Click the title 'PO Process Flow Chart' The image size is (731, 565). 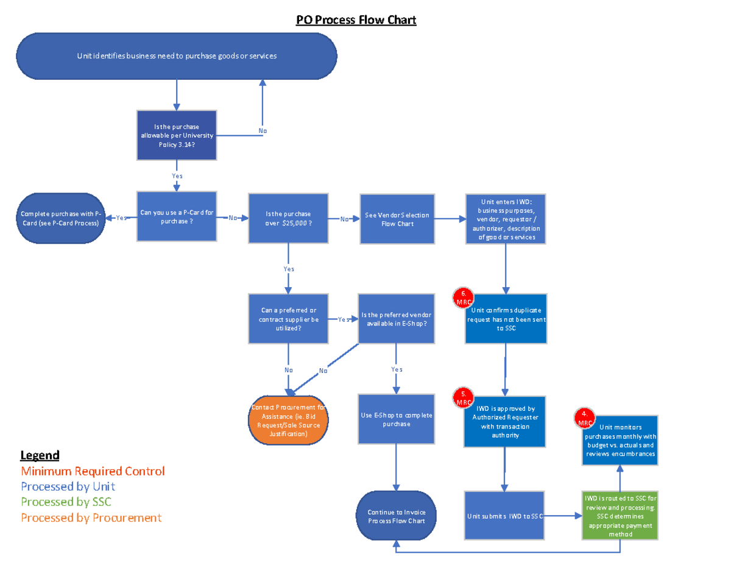356,20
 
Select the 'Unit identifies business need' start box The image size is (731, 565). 177,56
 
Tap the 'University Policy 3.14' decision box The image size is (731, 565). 177,135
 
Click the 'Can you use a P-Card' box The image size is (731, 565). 177,217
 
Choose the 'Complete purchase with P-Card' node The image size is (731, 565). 60,218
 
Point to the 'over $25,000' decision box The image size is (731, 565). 288,219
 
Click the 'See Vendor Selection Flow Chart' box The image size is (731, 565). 397,219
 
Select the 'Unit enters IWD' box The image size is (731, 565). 506,219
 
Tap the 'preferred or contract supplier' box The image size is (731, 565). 288,319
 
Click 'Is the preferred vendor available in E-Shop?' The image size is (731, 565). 397,319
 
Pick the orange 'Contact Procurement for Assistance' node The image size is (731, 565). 288,421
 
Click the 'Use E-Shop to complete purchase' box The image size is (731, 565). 397,419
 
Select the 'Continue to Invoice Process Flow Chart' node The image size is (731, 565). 396,517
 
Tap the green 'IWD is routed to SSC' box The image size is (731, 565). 620,516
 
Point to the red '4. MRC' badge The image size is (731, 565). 585,419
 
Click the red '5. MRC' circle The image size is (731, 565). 464,399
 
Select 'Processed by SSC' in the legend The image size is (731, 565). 66,502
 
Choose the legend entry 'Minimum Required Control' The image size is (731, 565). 93,471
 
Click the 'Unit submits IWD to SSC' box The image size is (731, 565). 504,516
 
